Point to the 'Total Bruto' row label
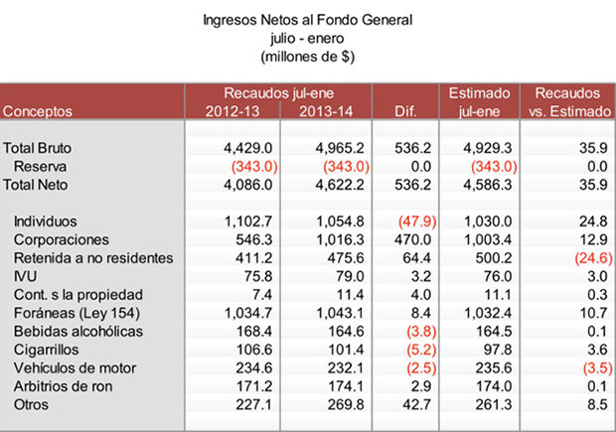coord(38,148)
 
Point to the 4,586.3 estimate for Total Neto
coord(489,184)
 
